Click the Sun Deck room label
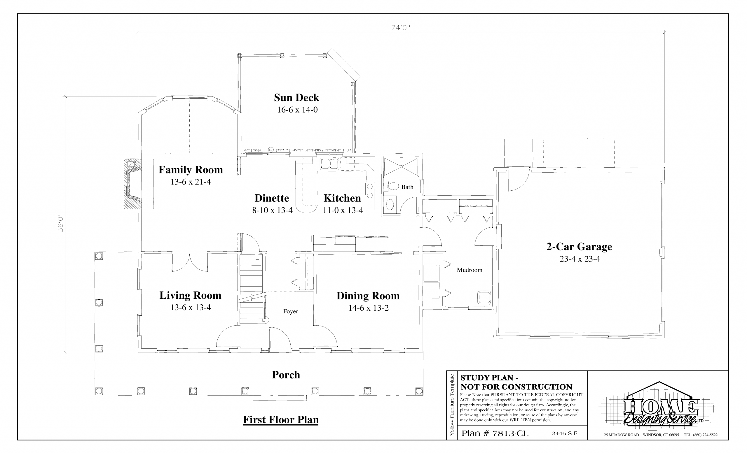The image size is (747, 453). pyautogui.click(x=296, y=97)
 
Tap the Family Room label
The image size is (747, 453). pyautogui.click(x=191, y=170)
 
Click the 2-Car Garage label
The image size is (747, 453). pyautogui.click(x=579, y=247)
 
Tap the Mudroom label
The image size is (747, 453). pyautogui.click(x=469, y=270)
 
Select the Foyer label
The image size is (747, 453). pyautogui.click(x=290, y=311)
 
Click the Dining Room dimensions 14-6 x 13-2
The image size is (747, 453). pyautogui.click(x=368, y=308)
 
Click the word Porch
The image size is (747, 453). pyautogui.click(x=286, y=375)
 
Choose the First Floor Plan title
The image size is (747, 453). pyautogui.click(x=281, y=420)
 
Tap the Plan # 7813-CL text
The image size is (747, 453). pyautogui.click(x=495, y=433)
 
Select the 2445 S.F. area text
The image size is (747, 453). pyautogui.click(x=565, y=433)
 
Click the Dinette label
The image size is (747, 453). pyautogui.click(x=272, y=198)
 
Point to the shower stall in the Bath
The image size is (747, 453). pyautogui.click(x=401, y=167)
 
